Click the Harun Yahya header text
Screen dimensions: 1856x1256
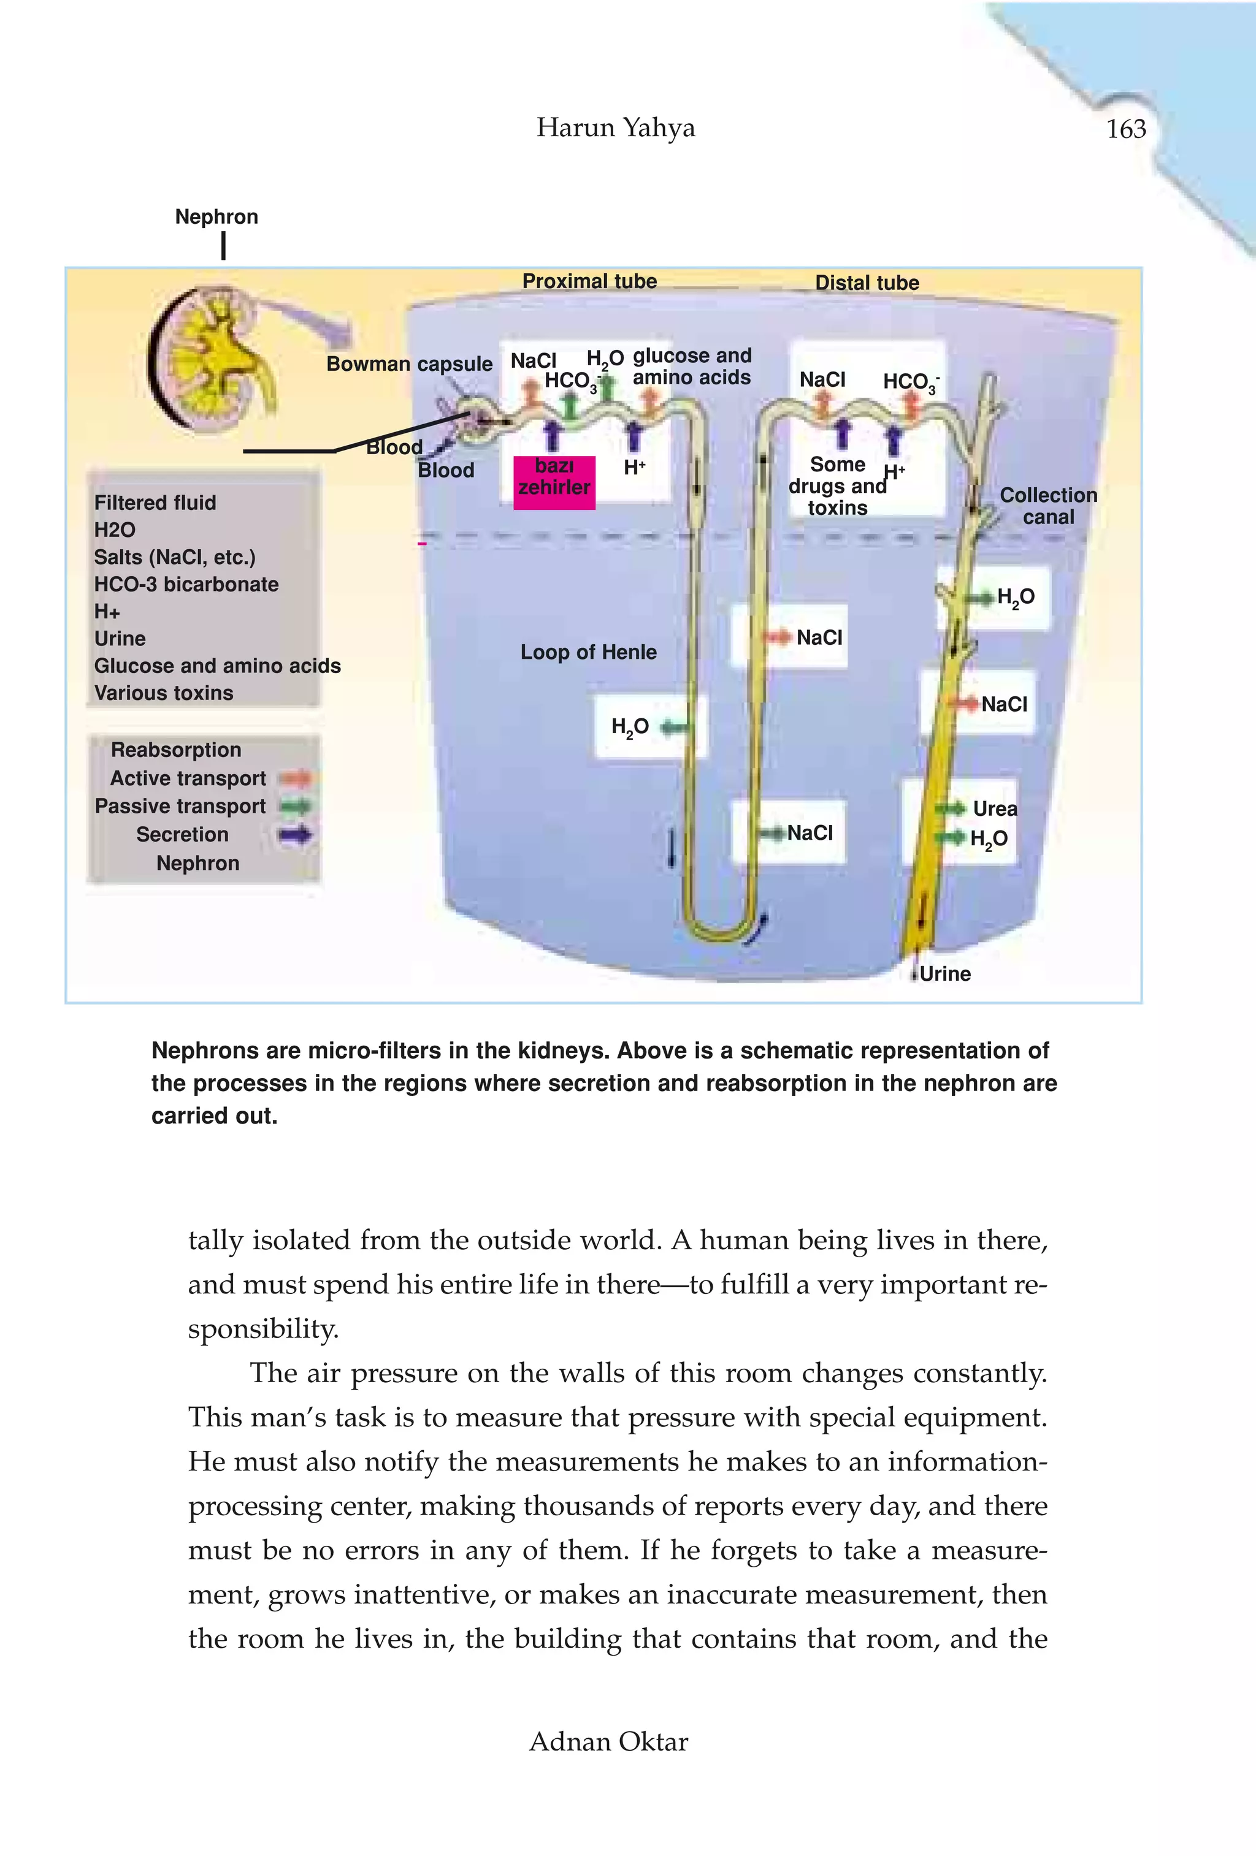[615, 127]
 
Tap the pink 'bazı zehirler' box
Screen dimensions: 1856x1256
[554, 477]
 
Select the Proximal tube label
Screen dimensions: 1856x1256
[589, 281]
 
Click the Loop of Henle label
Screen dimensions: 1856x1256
[588, 652]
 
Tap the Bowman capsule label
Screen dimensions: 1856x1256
[409, 364]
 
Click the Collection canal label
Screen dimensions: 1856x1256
[1047, 506]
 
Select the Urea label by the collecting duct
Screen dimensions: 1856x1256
[994, 808]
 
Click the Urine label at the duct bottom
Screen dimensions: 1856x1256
[944, 973]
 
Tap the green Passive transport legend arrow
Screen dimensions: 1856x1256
[296, 807]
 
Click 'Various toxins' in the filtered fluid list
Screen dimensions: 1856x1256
[164, 693]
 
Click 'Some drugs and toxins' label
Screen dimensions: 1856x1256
[837, 485]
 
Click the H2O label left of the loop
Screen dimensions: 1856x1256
[630, 727]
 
